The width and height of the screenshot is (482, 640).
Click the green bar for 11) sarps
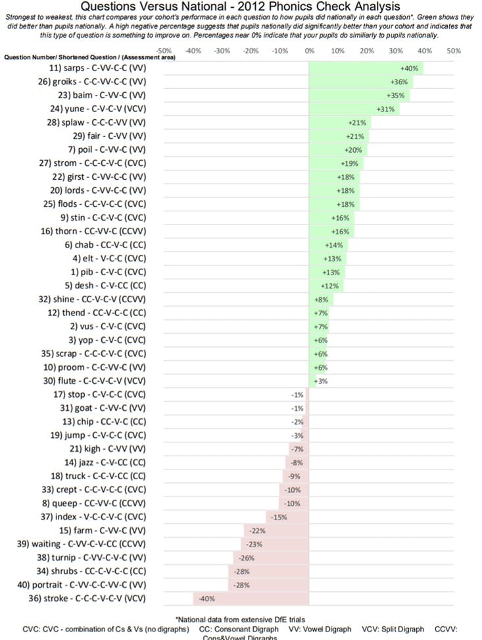[366, 68]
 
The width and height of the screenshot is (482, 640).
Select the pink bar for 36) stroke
[251, 599]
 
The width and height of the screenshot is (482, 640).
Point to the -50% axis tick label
[164, 51]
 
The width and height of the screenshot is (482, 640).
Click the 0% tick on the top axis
[309, 51]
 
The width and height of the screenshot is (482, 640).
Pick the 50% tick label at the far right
[453, 51]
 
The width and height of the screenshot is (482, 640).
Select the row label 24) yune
[101, 109]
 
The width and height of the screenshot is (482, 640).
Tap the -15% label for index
[279, 517]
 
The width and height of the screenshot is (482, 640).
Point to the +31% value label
[385, 109]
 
